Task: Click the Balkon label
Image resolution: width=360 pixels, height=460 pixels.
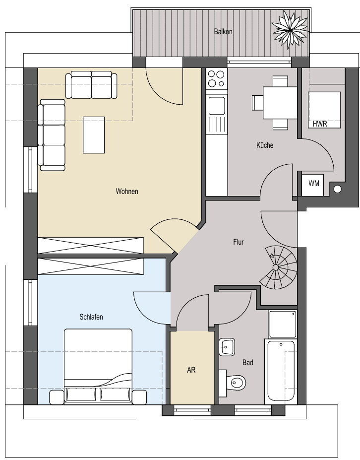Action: [x=223, y=31]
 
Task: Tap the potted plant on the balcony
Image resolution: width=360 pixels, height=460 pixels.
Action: [x=290, y=29]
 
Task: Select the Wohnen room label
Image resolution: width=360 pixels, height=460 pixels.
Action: [x=127, y=191]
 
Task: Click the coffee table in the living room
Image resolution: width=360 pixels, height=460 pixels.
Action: [x=94, y=135]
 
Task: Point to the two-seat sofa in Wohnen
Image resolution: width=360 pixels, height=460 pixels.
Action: [x=91, y=85]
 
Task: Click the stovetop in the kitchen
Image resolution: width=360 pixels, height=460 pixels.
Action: [x=216, y=79]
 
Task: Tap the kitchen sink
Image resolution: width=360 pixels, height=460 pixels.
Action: [x=217, y=106]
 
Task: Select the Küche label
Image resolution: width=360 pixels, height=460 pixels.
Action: [x=265, y=145]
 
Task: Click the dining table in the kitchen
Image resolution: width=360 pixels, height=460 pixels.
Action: [x=280, y=103]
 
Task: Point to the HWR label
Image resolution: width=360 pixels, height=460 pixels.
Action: [x=319, y=124]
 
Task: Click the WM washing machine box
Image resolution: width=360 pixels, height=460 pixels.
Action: [x=313, y=185]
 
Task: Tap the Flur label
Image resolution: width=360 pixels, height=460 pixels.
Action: [x=239, y=242]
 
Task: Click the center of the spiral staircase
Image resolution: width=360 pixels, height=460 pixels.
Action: [x=276, y=267]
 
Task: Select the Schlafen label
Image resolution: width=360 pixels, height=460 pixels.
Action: [x=91, y=317]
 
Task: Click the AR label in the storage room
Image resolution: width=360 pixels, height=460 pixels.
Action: [x=191, y=370]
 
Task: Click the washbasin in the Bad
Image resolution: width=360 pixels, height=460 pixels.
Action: [x=227, y=347]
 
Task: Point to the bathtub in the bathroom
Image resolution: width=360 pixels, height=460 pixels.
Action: [x=281, y=372]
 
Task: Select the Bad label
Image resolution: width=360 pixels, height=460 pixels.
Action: [x=248, y=363]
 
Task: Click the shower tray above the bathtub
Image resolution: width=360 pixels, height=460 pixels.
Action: [x=283, y=324]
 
